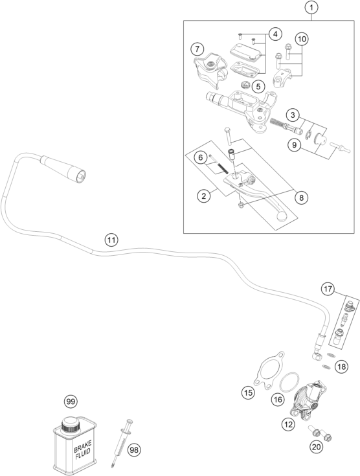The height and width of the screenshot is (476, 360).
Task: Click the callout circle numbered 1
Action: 311,8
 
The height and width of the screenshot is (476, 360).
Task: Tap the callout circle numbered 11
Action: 111,240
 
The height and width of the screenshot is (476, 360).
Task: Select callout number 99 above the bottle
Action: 71,402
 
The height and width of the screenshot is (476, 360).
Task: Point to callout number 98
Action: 134,449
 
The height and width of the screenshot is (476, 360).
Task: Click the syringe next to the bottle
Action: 122,443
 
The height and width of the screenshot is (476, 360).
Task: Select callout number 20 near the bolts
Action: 316,447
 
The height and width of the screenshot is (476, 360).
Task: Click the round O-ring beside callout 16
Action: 289,382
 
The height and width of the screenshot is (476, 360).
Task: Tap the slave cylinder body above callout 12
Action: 308,398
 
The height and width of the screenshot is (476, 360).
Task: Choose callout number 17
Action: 328,289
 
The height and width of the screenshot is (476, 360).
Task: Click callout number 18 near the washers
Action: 342,367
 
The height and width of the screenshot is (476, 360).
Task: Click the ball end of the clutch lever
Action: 280,217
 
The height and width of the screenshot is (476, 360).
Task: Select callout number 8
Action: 301,198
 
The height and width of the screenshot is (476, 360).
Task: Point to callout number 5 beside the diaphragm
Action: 258,87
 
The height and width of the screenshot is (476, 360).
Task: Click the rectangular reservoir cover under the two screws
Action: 246,52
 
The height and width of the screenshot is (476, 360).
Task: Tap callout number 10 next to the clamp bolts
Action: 302,39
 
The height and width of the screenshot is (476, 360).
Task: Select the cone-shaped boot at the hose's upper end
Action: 63,169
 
